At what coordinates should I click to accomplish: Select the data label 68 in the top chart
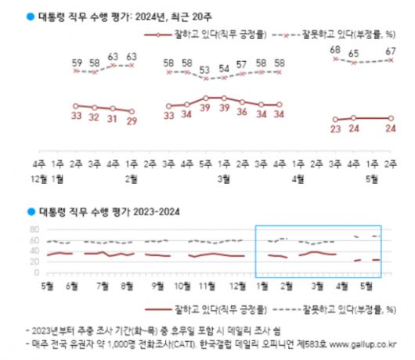[335, 50]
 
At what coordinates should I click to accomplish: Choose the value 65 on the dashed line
[354, 54]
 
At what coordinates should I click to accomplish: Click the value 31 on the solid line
[113, 121]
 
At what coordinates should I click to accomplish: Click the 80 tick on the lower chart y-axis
[34, 230]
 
